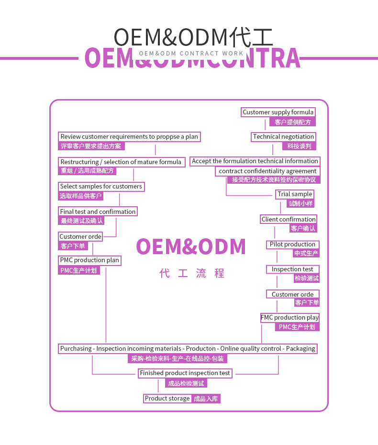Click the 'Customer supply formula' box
278,112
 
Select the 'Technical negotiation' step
283,137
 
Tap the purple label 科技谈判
299,146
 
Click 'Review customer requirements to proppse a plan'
129,137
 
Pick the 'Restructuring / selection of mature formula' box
121,162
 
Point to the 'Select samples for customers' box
101,187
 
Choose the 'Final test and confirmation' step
98,211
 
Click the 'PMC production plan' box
89,260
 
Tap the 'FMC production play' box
289,318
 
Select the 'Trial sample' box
295,194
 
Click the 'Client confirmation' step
289,220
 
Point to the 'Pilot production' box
292,245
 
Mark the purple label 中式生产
306,254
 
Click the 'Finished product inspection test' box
185,373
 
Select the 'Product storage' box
167,399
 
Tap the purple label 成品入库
206,399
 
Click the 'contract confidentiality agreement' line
267,171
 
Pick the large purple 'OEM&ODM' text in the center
191,247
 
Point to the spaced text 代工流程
192,274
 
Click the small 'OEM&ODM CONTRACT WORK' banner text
191,54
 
